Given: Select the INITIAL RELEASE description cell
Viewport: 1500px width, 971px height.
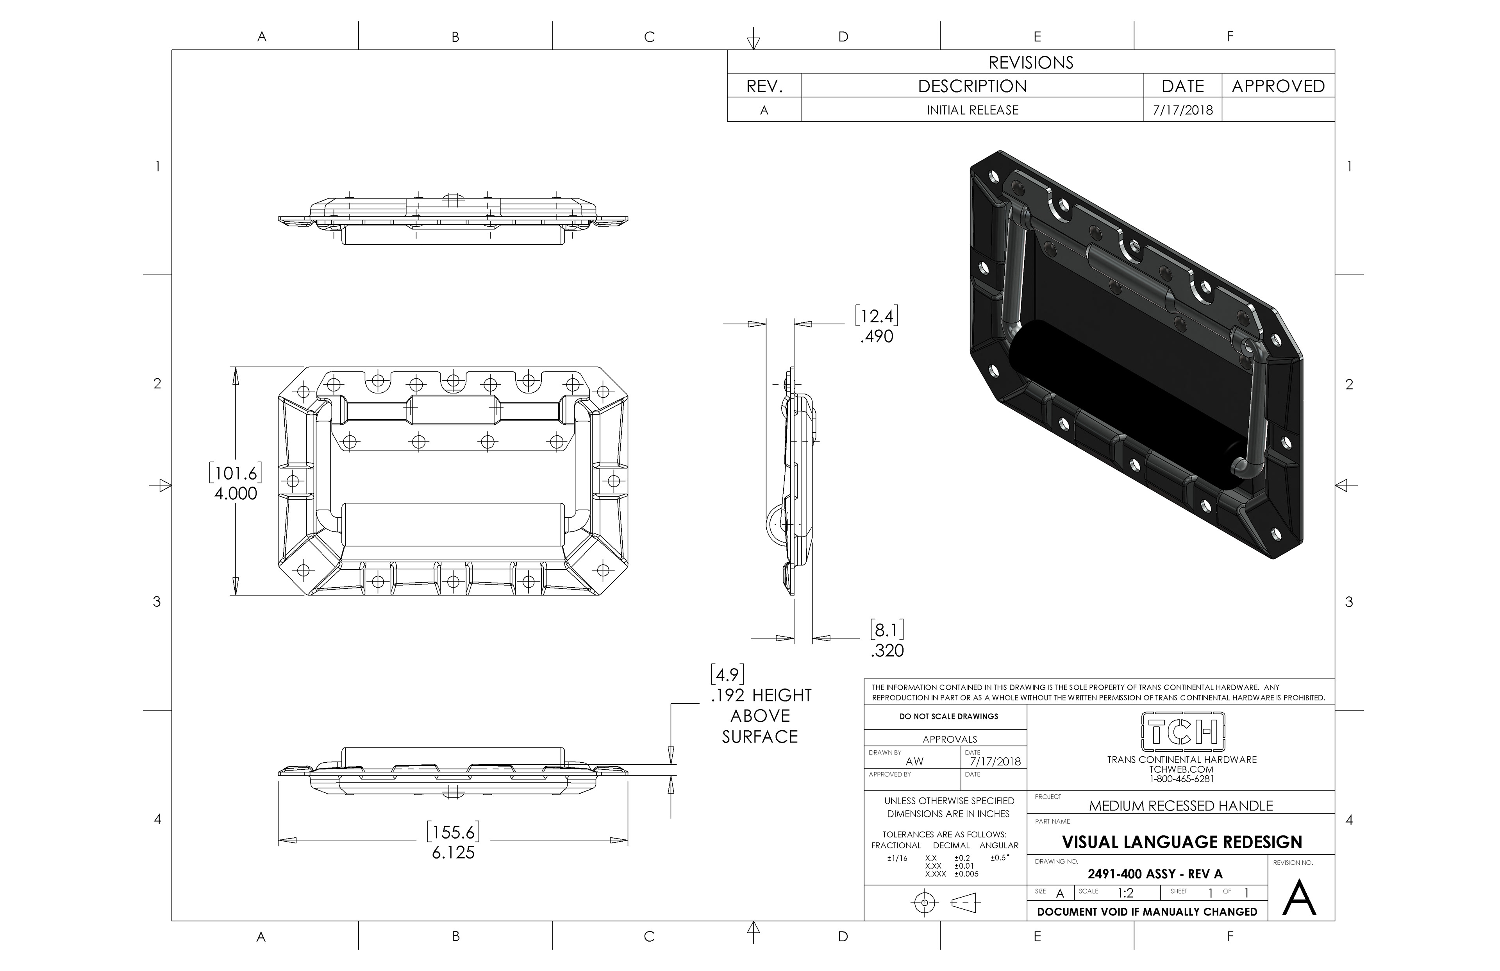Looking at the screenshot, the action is (x=973, y=110).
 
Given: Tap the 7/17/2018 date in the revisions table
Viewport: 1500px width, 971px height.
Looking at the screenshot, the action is (x=1182, y=110).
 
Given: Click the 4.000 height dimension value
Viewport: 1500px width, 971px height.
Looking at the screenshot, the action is (x=236, y=493).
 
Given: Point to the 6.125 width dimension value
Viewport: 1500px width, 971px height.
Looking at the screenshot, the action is (x=453, y=853).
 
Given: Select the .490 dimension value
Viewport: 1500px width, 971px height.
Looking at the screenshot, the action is (x=877, y=336).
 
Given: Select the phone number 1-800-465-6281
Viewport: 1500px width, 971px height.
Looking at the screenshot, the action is (x=1182, y=779).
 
